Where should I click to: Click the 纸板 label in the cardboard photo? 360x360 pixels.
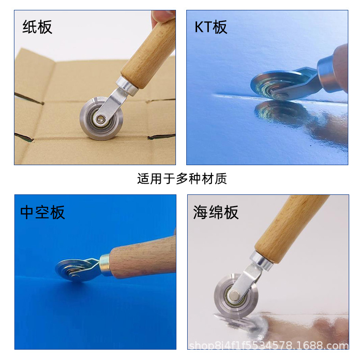pos(37,27)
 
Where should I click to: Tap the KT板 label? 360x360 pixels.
pos(211,27)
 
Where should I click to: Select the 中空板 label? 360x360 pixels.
pos(42,212)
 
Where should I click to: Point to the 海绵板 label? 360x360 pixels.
pos(216,212)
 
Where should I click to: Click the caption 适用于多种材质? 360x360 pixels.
pos(182,179)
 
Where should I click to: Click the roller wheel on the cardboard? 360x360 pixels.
pos(101,119)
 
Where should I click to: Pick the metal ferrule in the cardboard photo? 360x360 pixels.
pos(127,86)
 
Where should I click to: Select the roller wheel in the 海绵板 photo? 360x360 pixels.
pos(236,295)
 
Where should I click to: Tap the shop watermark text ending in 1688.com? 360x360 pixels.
pos(269,345)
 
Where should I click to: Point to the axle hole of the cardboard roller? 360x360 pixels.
pos(100,119)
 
